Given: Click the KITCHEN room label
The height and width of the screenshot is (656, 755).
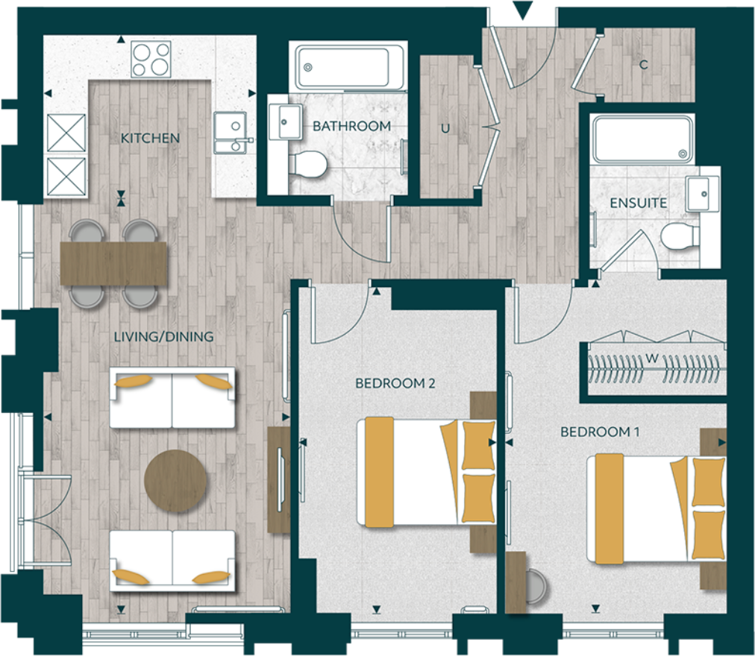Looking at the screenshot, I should pos(150,138).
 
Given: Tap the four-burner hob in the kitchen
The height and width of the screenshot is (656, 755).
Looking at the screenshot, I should pos(151,59).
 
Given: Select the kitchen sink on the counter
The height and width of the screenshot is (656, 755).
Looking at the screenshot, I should pos(230,132).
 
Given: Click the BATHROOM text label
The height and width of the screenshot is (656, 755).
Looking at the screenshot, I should pos(351,126).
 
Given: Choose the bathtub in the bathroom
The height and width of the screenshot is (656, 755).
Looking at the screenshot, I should pos(350,67).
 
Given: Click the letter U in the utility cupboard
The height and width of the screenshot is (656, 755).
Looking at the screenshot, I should pos(445,128).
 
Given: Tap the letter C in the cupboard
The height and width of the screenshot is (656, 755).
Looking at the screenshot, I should pos(643,65).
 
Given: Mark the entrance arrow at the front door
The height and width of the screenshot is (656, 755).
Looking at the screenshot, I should pos(524,10).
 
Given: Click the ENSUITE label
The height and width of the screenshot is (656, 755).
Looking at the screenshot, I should pos(638,203).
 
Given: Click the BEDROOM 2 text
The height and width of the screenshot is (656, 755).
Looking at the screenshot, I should pos(395,383).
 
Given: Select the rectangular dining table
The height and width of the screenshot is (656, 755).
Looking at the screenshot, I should pos(115,263).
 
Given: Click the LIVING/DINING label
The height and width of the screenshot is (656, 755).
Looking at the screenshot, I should pos(163,337).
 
